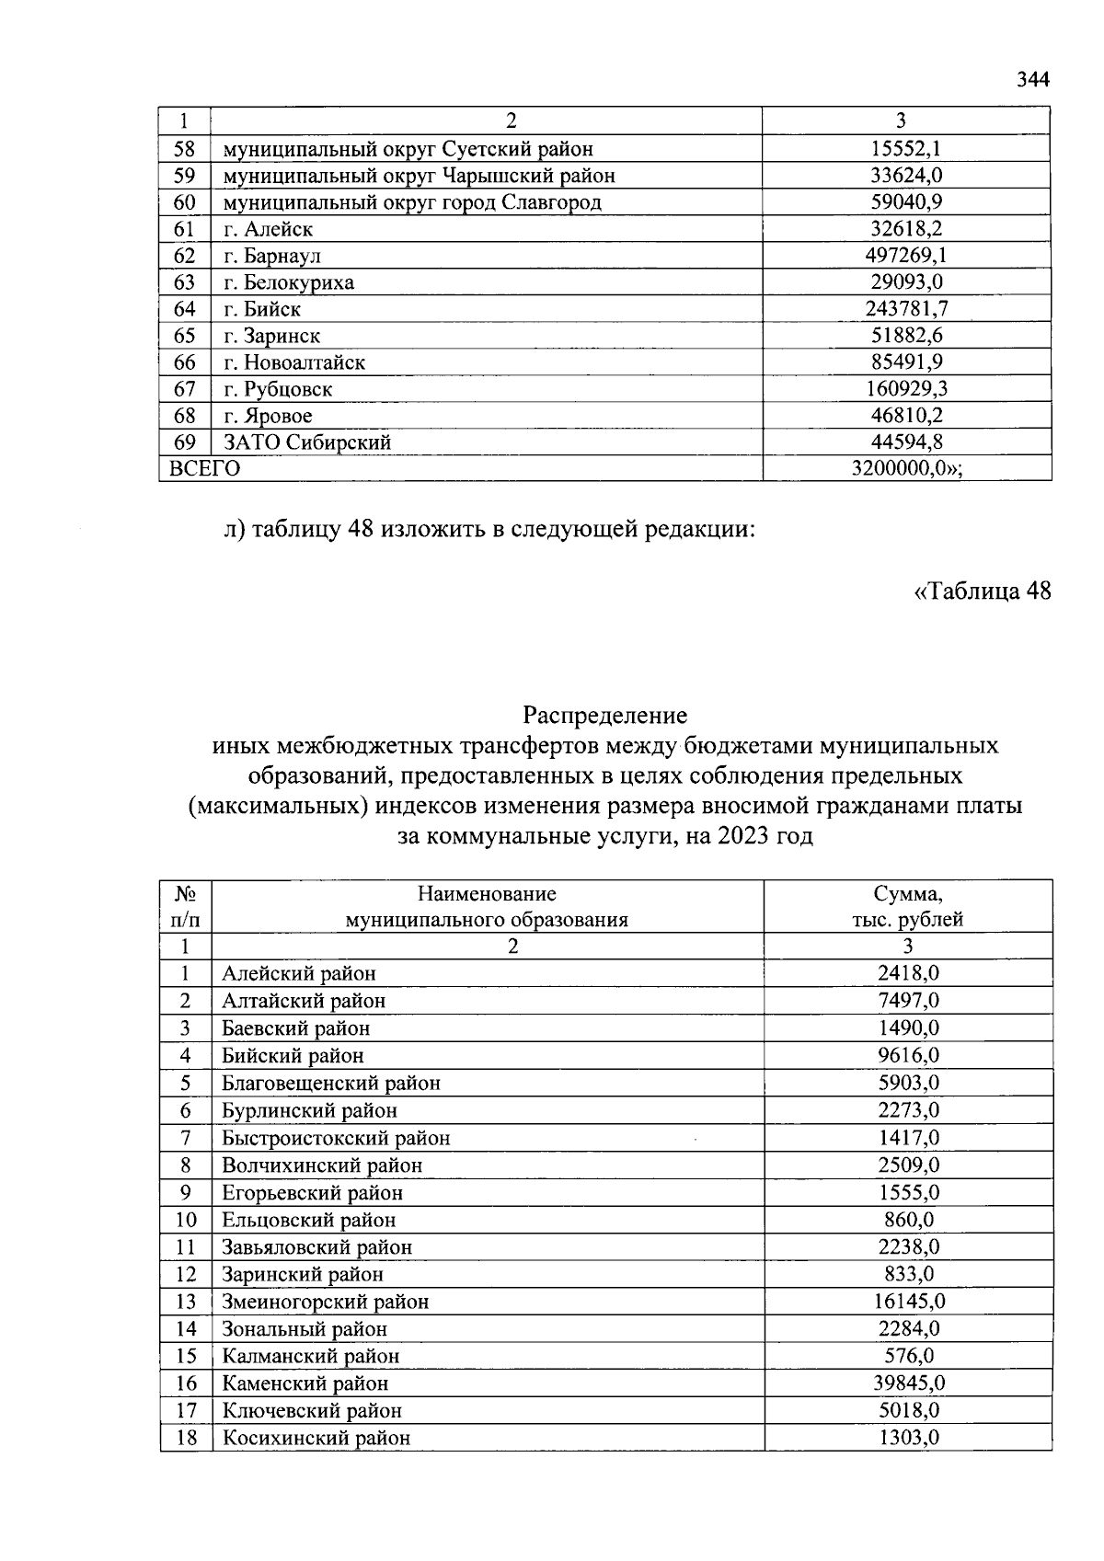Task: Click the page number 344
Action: (1032, 80)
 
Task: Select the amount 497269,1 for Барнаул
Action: (907, 256)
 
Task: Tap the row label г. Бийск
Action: (262, 309)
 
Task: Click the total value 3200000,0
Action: (906, 469)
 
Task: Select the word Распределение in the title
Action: (604, 715)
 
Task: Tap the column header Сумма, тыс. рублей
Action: (907, 906)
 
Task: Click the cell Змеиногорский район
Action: (325, 1302)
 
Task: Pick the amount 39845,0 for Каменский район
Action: (908, 1383)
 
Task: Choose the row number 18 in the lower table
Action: (186, 1438)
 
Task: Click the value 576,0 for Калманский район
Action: (908, 1356)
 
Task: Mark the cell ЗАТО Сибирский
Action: (307, 442)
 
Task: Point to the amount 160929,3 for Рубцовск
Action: (907, 389)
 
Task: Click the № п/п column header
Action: (186, 906)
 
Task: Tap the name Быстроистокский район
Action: (336, 1138)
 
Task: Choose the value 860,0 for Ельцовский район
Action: (908, 1220)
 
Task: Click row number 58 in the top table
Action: (184, 149)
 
